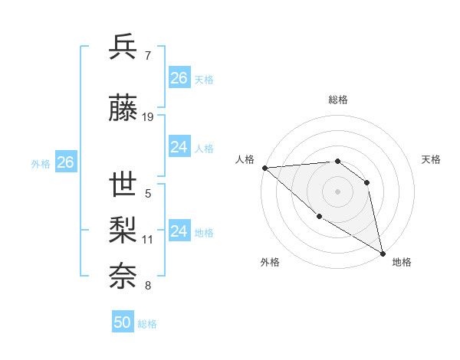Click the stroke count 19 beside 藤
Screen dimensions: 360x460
148,117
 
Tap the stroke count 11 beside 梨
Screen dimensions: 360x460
148,240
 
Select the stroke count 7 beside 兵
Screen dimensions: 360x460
148,56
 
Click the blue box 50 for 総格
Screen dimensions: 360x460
123,322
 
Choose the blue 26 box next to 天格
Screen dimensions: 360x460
179,78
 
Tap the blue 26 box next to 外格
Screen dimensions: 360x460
65,162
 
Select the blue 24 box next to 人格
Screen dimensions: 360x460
179,147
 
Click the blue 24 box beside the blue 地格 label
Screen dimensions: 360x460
179,231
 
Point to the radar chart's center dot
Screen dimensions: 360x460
337,191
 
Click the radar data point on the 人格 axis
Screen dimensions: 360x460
264,168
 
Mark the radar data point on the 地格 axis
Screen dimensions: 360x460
383,254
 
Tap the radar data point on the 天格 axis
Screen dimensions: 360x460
367,182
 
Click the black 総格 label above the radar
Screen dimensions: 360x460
337,100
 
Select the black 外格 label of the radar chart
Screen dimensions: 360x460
270,263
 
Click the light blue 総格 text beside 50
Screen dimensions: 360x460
147,324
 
